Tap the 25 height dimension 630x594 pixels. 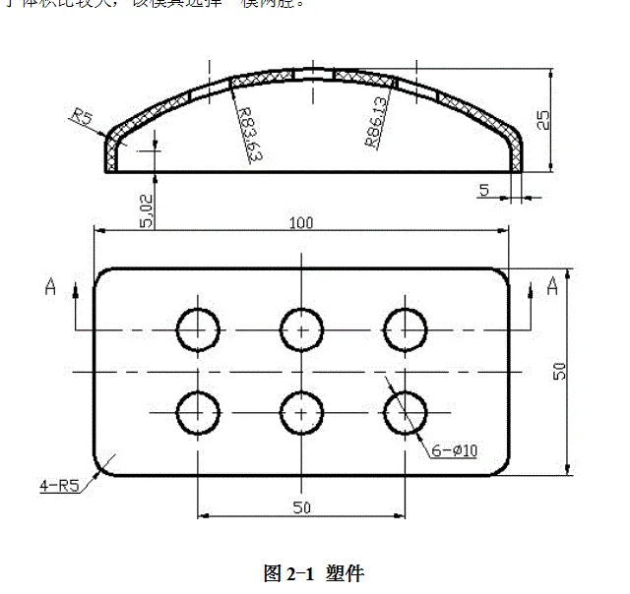coord(542,120)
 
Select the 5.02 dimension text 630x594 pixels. coord(147,210)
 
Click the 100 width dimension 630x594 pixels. coord(301,223)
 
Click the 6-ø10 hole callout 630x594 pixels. coord(454,450)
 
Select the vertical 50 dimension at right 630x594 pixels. coord(559,372)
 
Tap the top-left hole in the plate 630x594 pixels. coord(198,328)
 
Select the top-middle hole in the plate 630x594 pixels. coord(301,328)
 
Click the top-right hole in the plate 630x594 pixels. coord(405,328)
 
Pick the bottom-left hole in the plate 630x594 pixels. coord(198,411)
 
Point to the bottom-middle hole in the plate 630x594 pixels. coord(301,411)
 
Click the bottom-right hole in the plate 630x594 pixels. coord(405,411)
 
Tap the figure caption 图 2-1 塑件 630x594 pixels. coord(314,573)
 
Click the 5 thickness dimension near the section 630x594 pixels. coord(484,190)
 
